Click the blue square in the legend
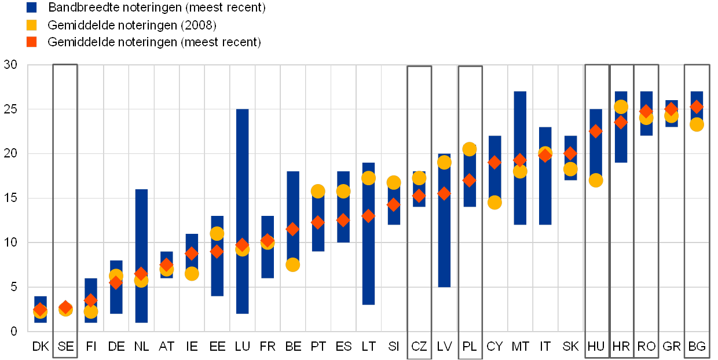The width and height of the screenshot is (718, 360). pyautogui.click(x=32, y=8)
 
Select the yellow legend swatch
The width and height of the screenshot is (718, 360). pyautogui.click(x=32, y=25)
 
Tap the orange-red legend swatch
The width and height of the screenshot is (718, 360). pyautogui.click(x=32, y=42)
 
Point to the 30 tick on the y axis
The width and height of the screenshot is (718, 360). pyautogui.click(x=10, y=64)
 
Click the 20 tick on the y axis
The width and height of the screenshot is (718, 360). pyautogui.click(x=10, y=153)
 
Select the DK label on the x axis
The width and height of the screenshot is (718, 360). pyautogui.click(x=42, y=347)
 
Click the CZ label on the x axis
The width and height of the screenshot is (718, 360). pyautogui.click(x=419, y=347)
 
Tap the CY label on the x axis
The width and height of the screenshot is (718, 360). pyautogui.click(x=495, y=347)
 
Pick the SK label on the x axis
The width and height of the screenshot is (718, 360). pyautogui.click(x=571, y=347)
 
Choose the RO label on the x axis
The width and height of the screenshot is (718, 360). pyautogui.click(x=647, y=347)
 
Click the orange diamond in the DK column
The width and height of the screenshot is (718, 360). pyautogui.click(x=40, y=310)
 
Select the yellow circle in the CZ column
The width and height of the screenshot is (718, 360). pyautogui.click(x=419, y=178)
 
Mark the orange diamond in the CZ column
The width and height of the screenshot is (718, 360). pyautogui.click(x=419, y=196)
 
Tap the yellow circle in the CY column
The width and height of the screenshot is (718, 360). pyautogui.click(x=494, y=203)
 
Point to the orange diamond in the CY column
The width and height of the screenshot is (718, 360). pyautogui.click(x=494, y=162)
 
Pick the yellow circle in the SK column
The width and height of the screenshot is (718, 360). pyautogui.click(x=571, y=169)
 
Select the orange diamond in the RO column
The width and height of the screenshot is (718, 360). pyautogui.click(x=647, y=111)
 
